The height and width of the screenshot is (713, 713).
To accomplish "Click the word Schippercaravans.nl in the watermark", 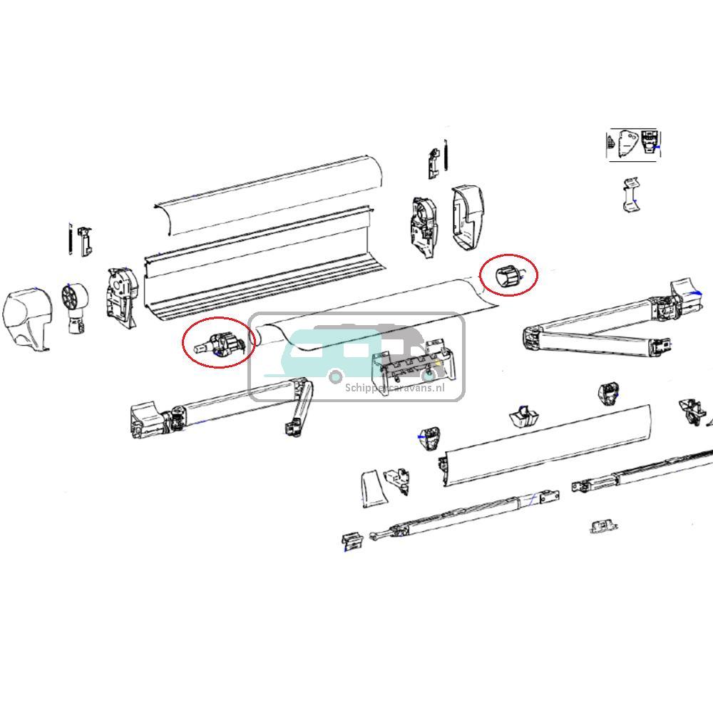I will coord(394,388).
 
